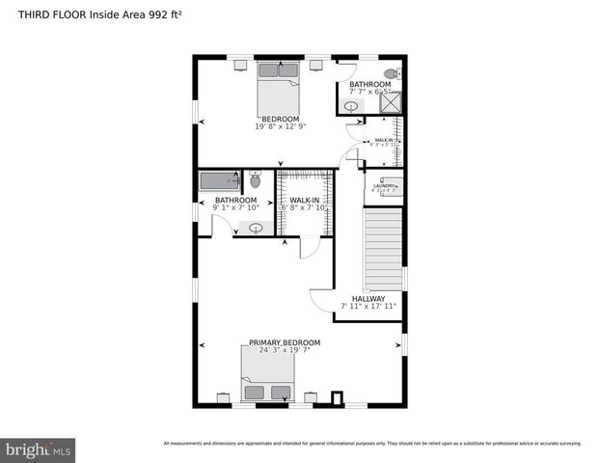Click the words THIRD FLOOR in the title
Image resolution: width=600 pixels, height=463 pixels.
point(47,14)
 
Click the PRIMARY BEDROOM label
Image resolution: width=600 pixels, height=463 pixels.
point(285,342)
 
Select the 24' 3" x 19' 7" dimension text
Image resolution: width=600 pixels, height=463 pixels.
point(285,351)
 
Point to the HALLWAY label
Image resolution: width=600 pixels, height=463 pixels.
point(368,299)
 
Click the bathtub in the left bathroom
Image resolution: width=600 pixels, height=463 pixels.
point(219,180)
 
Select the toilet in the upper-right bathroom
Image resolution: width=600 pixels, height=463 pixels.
point(392,74)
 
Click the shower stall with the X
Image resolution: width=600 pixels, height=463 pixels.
point(392,102)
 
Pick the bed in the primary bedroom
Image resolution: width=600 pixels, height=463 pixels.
point(266,379)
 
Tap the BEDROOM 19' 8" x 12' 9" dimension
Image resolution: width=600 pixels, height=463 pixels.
point(280,126)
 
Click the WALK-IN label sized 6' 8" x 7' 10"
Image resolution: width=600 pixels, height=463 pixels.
point(305,201)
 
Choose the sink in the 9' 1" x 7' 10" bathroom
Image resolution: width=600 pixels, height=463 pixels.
point(257,229)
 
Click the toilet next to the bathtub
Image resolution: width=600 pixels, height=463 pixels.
point(256,179)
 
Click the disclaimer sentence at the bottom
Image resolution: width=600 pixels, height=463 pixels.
point(372,443)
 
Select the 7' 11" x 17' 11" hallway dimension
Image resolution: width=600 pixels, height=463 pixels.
point(368,307)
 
